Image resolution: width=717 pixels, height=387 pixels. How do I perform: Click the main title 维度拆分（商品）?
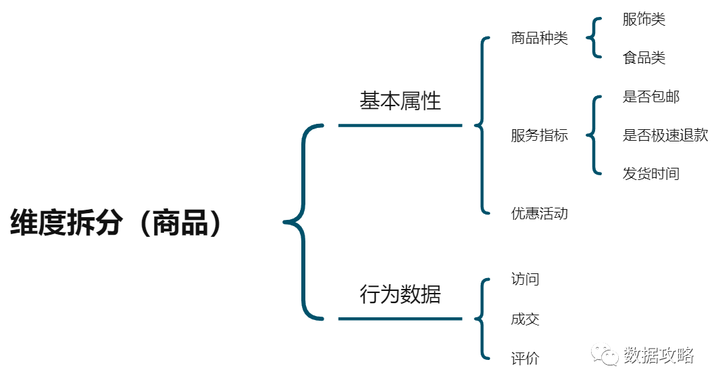[x=116, y=223]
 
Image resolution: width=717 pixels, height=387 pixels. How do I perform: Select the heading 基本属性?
[x=399, y=101]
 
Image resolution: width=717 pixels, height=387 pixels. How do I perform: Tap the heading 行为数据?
[x=399, y=294]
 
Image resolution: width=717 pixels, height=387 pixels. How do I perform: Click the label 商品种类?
[x=539, y=38]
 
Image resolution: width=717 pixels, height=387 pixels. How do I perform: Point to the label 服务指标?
[x=539, y=135]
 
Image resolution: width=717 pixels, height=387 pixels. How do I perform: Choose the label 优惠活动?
[x=539, y=214]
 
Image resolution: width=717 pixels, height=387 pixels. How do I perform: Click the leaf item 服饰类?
[x=644, y=19]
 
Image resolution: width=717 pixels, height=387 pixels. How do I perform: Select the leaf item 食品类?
[x=644, y=58]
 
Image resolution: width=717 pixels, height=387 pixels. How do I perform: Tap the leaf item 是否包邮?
[x=651, y=97]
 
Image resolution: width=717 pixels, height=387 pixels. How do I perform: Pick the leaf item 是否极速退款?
[x=665, y=135]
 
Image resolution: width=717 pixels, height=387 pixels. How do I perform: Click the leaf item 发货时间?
[x=651, y=174]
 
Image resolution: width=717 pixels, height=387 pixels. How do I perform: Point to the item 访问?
[x=525, y=279]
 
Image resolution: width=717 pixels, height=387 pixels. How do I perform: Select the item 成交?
[x=525, y=319]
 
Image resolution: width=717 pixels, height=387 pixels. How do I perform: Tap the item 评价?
[x=525, y=359]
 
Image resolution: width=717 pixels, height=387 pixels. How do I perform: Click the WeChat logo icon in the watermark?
[x=605, y=355]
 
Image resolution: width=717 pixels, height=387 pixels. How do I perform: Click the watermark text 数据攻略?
[x=658, y=355]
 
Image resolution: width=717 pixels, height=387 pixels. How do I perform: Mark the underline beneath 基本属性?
[x=399, y=125]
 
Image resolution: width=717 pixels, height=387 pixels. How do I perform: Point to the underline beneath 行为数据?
[x=399, y=319]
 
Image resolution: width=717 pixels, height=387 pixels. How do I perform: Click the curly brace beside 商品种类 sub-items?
[x=594, y=38]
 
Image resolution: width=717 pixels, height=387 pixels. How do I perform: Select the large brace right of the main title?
[x=302, y=221]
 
